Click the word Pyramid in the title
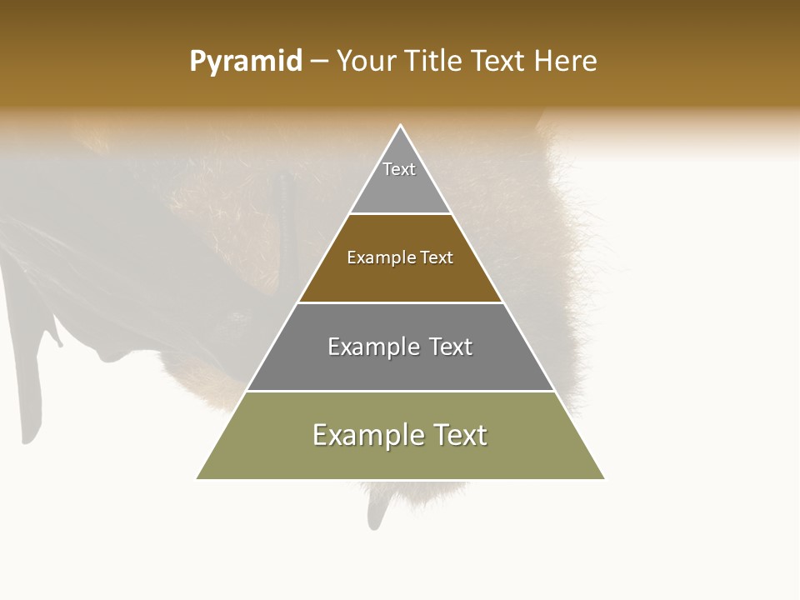pos(246,62)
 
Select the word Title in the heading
pos(433,62)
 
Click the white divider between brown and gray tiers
pos(400,302)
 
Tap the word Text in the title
pos(499,62)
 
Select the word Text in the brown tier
pos(437,257)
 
